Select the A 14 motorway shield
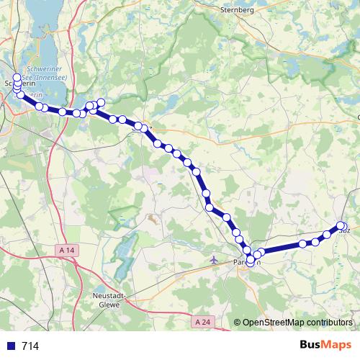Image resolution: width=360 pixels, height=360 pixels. (x=66, y=249)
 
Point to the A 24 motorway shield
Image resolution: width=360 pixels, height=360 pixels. (x=204, y=323)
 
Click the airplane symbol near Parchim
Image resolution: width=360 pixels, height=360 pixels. (x=212, y=258)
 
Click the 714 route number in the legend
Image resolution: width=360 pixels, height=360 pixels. (x=30, y=346)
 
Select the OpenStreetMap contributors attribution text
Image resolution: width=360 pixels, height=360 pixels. (x=297, y=323)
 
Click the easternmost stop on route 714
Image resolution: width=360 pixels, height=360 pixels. (x=343, y=226)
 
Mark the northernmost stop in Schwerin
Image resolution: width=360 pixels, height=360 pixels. (x=17, y=77)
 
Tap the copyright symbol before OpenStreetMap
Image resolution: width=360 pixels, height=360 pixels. (x=237, y=323)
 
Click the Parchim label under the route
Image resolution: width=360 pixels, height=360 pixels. (x=247, y=263)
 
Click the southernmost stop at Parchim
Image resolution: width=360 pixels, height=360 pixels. (x=250, y=261)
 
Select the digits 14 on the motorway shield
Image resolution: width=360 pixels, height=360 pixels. (x=68, y=249)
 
